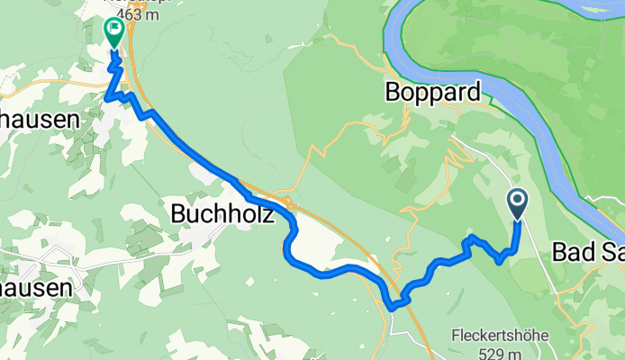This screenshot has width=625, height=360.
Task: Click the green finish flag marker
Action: [x=114, y=32]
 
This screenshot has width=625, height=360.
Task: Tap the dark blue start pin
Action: [x=519, y=203]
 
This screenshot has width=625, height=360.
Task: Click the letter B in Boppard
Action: [x=393, y=92]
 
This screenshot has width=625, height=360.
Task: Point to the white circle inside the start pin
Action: [x=519, y=199]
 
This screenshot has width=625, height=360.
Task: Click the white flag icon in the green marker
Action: [x=114, y=28]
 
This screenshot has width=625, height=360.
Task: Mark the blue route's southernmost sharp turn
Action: [x=393, y=307]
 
